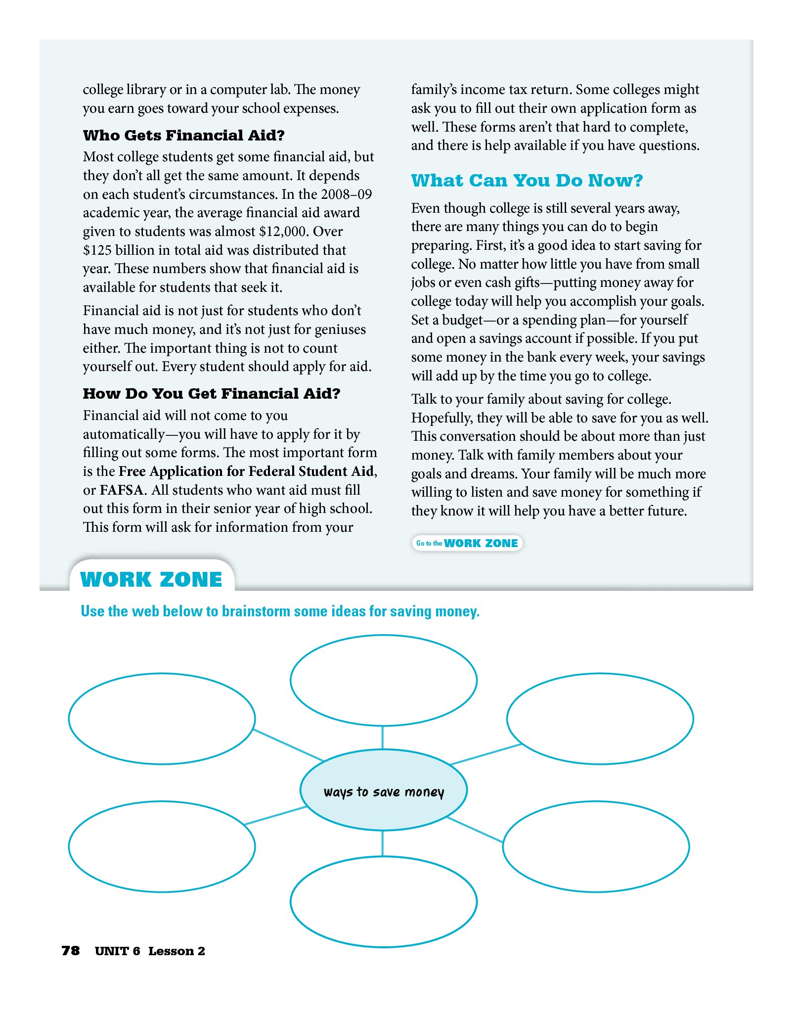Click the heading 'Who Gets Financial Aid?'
183,135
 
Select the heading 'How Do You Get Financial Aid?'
212,393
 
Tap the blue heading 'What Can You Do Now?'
527,181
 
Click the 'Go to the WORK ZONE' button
467,543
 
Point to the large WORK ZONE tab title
151,579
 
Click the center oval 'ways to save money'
384,792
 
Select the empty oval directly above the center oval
384,681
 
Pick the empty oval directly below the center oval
384,902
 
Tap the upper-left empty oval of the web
162,719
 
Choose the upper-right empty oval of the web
600,719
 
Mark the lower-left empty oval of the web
162,846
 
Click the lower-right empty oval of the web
596,846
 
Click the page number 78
71,951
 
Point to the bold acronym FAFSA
122,490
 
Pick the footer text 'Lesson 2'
176,951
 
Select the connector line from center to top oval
383,738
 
